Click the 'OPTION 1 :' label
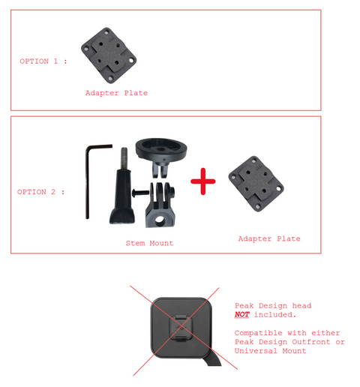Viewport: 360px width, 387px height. pos(43,61)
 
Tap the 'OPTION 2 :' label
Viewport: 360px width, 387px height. pos(41,192)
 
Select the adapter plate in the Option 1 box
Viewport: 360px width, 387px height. pos(109,55)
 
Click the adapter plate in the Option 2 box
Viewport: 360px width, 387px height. pos(256,184)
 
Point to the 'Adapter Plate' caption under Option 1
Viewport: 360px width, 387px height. pos(116,93)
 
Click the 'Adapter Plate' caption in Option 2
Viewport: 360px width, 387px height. pos(269,238)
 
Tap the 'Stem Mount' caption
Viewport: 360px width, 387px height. pos(149,243)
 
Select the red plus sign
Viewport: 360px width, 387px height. pos(203,181)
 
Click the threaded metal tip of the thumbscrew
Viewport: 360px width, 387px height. pos(124,159)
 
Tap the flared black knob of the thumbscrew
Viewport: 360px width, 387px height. pos(122,216)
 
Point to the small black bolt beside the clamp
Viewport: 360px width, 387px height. pos(140,193)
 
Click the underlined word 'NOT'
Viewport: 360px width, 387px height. pos(242,314)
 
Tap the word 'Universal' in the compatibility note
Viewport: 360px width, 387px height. pos(256,351)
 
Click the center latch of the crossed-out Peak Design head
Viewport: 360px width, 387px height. pos(182,328)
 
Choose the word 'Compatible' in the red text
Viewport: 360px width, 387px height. pos(258,333)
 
